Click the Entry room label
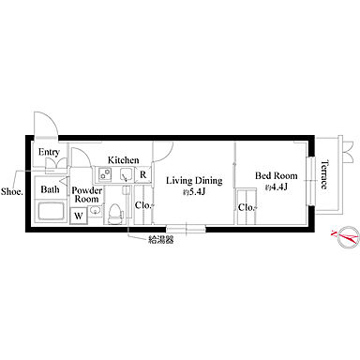pyautogui.click(x=49, y=153)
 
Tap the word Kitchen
pyautogui.click(x=124, y=160)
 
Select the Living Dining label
pyautogui.click(x=194, y=181)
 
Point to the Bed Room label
pyautogui.click(x=277, y=175)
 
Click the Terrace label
pyautogui.click(x=325, y=174)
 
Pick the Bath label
pyautogui.click(x=50, y=189)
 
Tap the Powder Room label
pyautogui.click(x=86, y=195)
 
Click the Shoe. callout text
pyautogui.click(x=12, y=191)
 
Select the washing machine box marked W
pyautogui.click(x=79, y=216)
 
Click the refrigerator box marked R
pyautogui.click(x=143, y=174)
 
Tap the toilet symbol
pyautogui.click(x=114, y=214)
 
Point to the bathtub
pyautogui.click(x=52, y=211)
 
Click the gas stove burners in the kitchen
pyautogui.click(x=105, y=174)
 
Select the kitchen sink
pyautogui.click(x=127, y=174)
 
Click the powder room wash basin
pyautogui.click(x=95, y=211)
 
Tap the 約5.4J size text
pyautogui.click(x=194, y=192)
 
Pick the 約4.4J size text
pyautogui.click(x=277, y=187)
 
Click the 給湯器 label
pyautogui.click(x=161, y=240)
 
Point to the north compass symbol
pyautogui.click(x=346, y=237)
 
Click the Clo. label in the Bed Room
pyautogui.click(x=247, y=207)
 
